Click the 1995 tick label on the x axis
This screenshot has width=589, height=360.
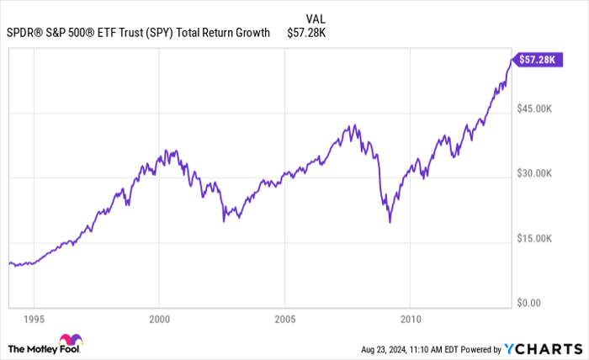coord(34,320)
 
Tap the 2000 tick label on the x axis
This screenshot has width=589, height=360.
coord(159,320)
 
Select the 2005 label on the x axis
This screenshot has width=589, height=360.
coord(284,320)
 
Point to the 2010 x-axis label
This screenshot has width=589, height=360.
coord(410,320)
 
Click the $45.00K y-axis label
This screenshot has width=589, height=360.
coord(533,109)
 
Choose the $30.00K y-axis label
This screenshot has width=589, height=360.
coord(533,173)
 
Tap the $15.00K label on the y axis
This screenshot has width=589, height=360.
coord(533,238)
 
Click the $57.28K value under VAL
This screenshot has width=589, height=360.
coord(305,33)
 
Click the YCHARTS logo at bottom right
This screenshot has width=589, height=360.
coord(544,348)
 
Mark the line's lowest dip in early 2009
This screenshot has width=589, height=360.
coord(390,222)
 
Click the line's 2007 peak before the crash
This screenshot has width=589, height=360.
coord(353,125)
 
